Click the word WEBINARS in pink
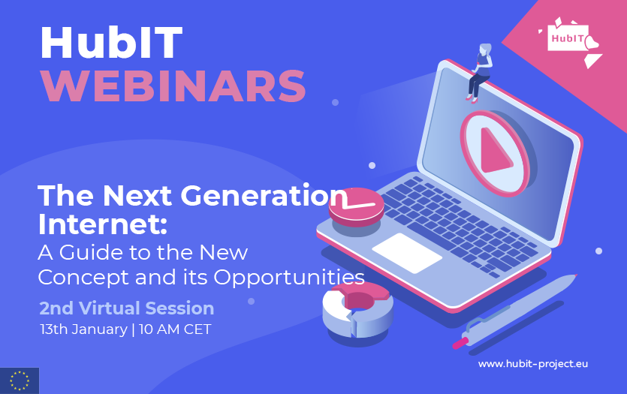tap(174, 86)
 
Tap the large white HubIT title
tap(112, 43)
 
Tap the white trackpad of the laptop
tap(407, 253)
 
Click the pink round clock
tap(356, 207)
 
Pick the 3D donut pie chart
tap(357, 310)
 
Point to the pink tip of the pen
tap(460, 343)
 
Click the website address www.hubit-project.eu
tap(533, 364)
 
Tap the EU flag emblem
tap(20, 380)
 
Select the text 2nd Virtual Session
tap(127, 308)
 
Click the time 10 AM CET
tap(175, 329)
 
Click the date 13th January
tap(83, 329)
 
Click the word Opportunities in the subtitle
tap(289, 278)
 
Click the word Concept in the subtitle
tap(84, 278)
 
